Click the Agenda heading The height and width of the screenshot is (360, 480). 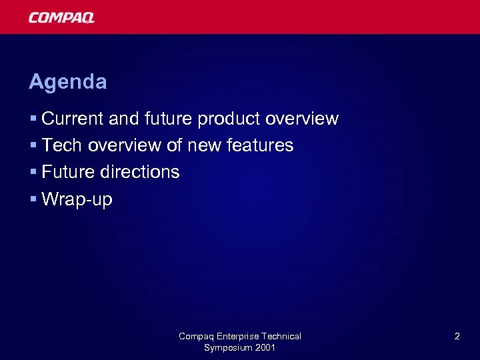click(x=67, y=82)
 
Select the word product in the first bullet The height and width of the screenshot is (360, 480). click(x=229, y=119)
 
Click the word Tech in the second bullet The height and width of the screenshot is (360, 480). click(x=62, y=145)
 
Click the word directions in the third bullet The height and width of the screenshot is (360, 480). click(x=140, y=172)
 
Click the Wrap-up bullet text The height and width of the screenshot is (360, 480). click(x=77, y=199)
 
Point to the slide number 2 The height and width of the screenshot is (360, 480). click(x=457, y=337)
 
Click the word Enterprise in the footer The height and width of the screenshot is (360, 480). click(x=235, y=337)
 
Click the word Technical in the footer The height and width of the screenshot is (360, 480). click(x=281, y=337)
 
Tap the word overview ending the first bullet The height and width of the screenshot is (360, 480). click(x=302, y=119)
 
